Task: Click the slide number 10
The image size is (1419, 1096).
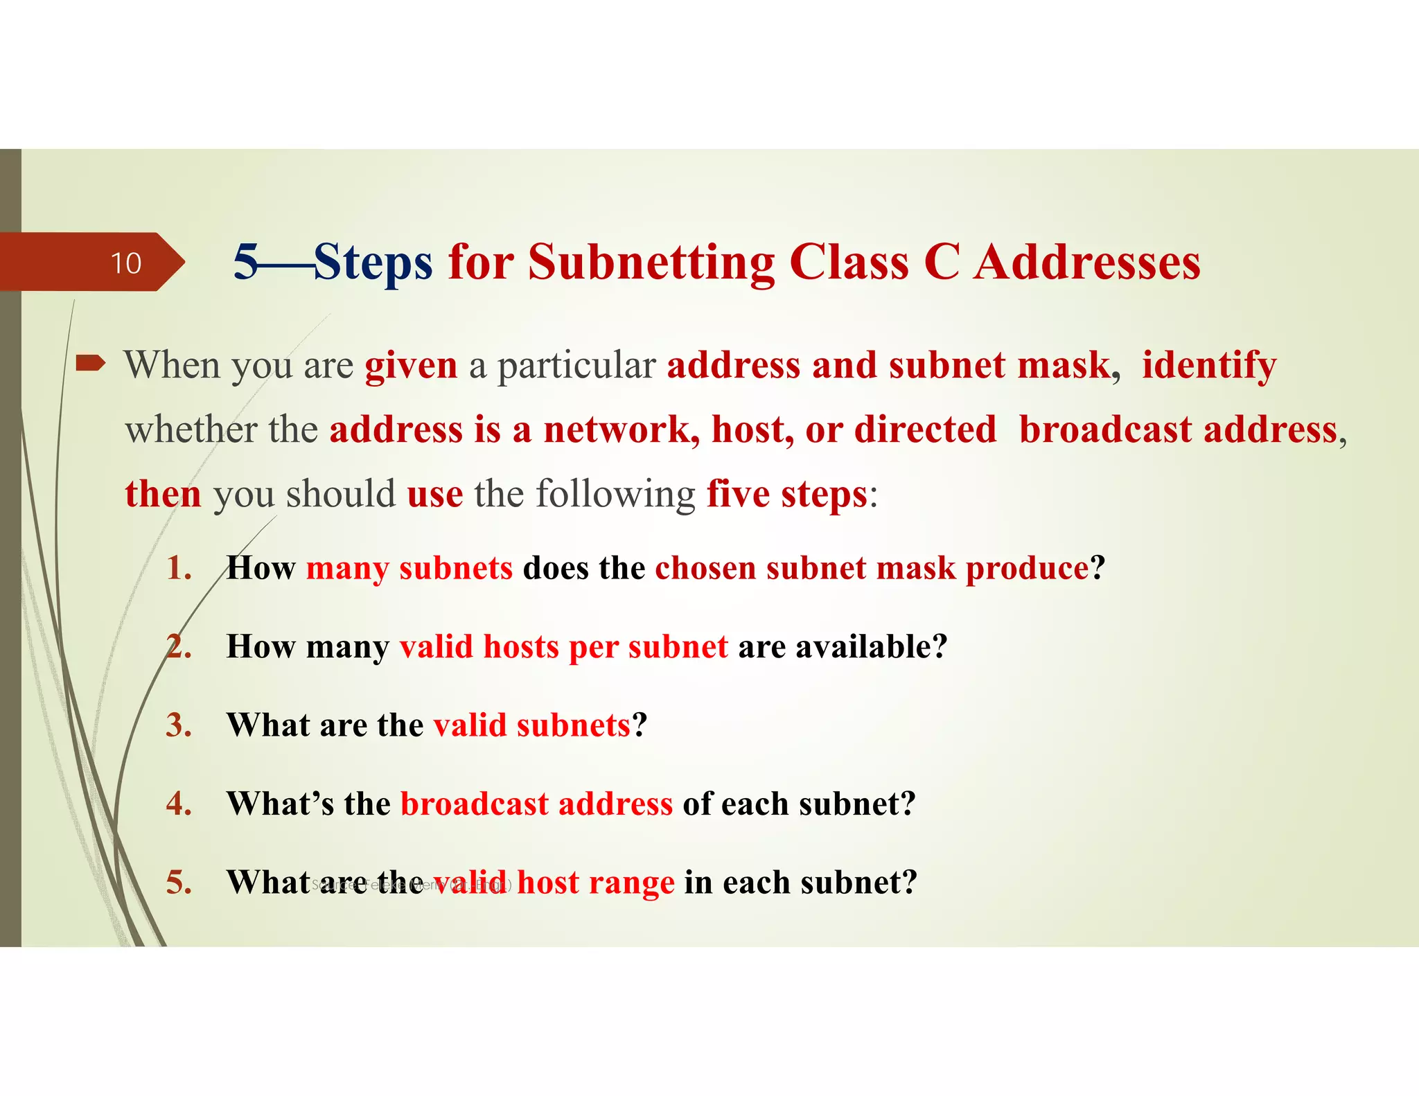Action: [x=125, y=263]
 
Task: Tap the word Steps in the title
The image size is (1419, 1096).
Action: [x=373, y=263]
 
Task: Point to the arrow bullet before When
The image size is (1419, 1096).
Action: [x=90, y=362]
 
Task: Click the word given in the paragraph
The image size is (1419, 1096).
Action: [x=411, y=365]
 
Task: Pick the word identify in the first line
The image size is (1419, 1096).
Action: [x=1209, y=365]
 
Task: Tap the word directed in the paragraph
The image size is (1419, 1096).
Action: [x=925, y=430]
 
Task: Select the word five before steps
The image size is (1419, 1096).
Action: [x=738, y=494]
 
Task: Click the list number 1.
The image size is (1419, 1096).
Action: [x=179, y=568]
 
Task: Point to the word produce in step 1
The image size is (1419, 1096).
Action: [x=1027, y=569]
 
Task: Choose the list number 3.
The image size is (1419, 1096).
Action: [x=179, y=725]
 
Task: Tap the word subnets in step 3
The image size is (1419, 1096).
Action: [x=573, y=725]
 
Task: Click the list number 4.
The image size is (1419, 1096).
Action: [x=179, y=804]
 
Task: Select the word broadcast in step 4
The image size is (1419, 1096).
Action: [x=475, y=804]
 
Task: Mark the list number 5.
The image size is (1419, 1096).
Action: [x=179, y=883]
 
